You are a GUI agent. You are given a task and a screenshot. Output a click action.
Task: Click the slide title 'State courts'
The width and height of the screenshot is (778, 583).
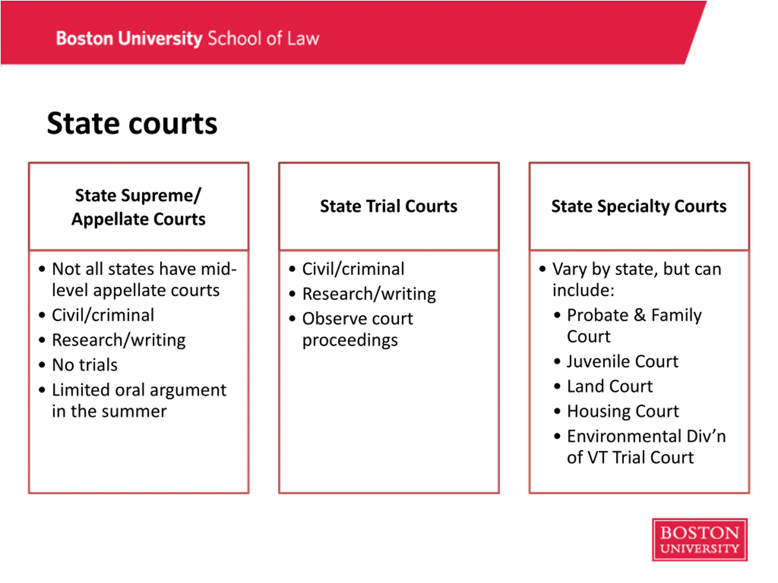point(132,124)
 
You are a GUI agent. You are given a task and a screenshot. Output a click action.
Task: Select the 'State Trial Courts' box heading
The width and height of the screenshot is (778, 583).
point(389,206)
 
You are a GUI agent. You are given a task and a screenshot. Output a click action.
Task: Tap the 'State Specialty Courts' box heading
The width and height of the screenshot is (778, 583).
point(639,206)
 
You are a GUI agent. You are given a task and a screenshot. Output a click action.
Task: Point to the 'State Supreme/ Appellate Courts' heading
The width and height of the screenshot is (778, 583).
point(138,207)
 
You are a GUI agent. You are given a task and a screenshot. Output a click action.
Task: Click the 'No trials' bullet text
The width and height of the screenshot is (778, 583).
point(85,365)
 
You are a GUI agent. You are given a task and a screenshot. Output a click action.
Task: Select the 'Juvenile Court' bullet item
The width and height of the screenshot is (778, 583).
point(622,361)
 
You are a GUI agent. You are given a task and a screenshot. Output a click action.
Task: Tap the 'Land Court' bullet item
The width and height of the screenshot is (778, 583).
point(610,386)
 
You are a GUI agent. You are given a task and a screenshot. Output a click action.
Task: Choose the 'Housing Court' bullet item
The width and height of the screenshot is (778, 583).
point(622,411)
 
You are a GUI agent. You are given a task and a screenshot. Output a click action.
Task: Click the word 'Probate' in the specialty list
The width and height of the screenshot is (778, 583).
point(597,315)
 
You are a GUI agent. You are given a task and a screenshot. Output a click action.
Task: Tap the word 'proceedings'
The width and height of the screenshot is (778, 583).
point(350,340)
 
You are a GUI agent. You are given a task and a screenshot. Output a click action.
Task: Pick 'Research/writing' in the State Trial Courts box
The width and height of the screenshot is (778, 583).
point(369,294)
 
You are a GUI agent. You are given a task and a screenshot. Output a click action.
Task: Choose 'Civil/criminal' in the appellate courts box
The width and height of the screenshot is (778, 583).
point(103,315)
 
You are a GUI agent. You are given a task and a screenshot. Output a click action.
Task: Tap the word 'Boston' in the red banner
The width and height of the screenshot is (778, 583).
point(84,38)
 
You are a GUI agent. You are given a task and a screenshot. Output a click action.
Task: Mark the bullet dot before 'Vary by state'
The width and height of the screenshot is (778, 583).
point(542,269)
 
